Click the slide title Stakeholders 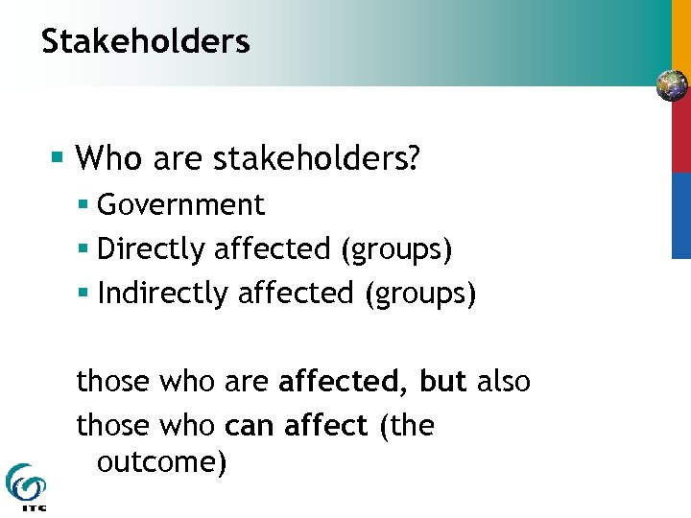pyautogui.click(x=146, y=41)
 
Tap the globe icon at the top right pyautogui.click(x=672, y=86)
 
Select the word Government pyautogui.click(x=180, y=204)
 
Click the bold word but pyautogui.click(x=442, y=381)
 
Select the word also pyautogui.click(x=503, y=381)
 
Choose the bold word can pyautogui.click(x=248, y=424)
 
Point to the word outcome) pyautogui.click(x=161, y=462)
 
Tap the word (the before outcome pyautogui.click(x=407, y=424)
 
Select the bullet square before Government pyautogui.click(x=84, y=203)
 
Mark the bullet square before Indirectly pyautogui.click(x=84, y=292)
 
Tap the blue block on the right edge pyautogui.click(x=679, y=216)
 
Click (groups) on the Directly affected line pyautogui.click(x=396, y=248)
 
